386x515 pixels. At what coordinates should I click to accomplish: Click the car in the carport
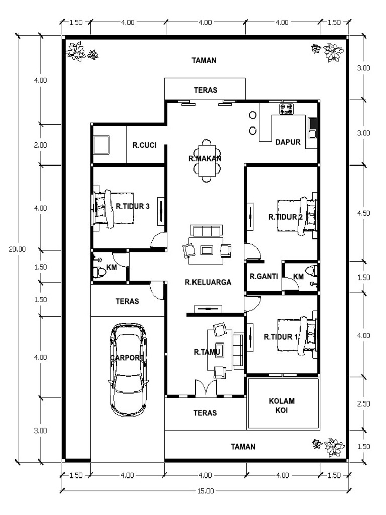click(x=128, y=370)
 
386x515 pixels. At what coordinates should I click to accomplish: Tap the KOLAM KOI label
click(x=281, y=406)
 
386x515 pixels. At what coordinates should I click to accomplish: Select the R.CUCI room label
click(x=144, y=145)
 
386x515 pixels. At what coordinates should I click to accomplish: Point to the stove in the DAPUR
click(x=286, y=109)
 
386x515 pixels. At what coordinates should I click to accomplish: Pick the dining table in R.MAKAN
click(x=207, y=160)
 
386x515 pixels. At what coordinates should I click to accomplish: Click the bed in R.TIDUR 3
click(x=113, y=209)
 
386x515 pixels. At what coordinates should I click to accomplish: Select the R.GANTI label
click(x=263, y=276)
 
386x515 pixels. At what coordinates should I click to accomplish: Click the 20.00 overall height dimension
click(x=17, y=249)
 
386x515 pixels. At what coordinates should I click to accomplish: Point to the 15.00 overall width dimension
click(x=205, y=491)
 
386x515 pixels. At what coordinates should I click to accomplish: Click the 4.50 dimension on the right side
click(x=364, y=213)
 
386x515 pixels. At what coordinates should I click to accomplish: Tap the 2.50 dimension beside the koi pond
click(x=364, y=404)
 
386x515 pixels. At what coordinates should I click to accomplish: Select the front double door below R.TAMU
click(x=206, y=388)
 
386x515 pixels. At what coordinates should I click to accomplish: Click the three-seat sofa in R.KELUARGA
click(x=207, y=231)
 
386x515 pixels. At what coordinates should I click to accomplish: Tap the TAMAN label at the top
click(x=204, y=60)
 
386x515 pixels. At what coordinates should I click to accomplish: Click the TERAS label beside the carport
click(x=127, y=301)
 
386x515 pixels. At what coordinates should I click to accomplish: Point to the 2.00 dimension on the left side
click(x=40, y=145)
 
